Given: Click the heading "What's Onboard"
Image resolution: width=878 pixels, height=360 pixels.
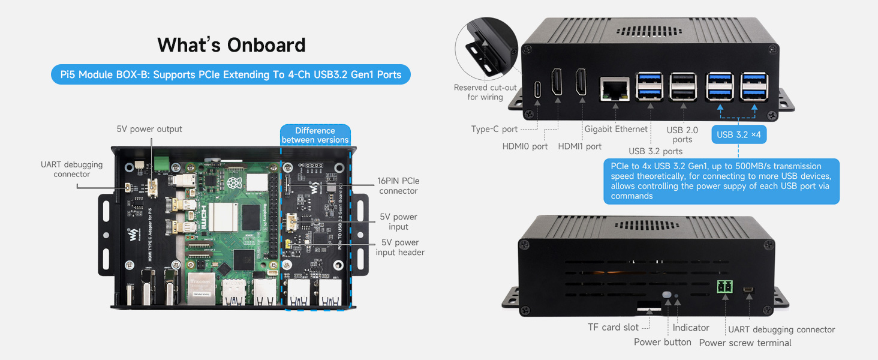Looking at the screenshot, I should click(x=231, y=45).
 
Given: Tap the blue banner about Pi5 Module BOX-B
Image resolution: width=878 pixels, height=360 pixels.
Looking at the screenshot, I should click(x=231, y=74).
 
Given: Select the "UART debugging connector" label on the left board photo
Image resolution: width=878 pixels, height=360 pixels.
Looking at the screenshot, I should click(x=71, y=169).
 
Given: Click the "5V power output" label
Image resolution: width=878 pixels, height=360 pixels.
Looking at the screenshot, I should click(x=149, y=129).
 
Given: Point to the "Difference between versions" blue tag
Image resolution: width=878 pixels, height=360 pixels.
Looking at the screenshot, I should click(x=315, y=135).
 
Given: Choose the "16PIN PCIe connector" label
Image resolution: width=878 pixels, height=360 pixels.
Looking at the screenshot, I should click(x=398, y=185).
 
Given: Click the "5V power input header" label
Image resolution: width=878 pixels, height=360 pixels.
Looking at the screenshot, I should click(x=400, y=247).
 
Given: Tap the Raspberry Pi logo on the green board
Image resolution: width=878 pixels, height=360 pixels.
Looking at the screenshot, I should click(x=233, y=182).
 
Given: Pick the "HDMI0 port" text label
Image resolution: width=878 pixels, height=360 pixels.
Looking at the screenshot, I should click(x=525, y=146).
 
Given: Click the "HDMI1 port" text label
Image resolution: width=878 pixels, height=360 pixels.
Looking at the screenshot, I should click(x=579, y=146).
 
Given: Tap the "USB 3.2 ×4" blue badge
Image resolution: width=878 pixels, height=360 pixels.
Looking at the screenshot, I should click(x=738, y=134).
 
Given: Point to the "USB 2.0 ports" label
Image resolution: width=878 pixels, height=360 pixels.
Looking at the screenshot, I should click(x=682, y=135).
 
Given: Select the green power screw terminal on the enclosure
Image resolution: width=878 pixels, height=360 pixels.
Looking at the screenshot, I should click(x=724, y=287).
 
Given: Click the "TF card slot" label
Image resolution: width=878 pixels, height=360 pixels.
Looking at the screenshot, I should click(x=614, y=328).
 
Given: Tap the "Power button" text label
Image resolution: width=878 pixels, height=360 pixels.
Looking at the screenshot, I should click(x=663, y=342).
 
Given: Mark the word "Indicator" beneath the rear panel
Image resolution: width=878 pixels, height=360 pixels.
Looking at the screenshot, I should click(x=691, y=328).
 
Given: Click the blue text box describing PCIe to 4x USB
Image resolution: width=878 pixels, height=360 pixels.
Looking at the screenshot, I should click(x=721, y=181).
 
